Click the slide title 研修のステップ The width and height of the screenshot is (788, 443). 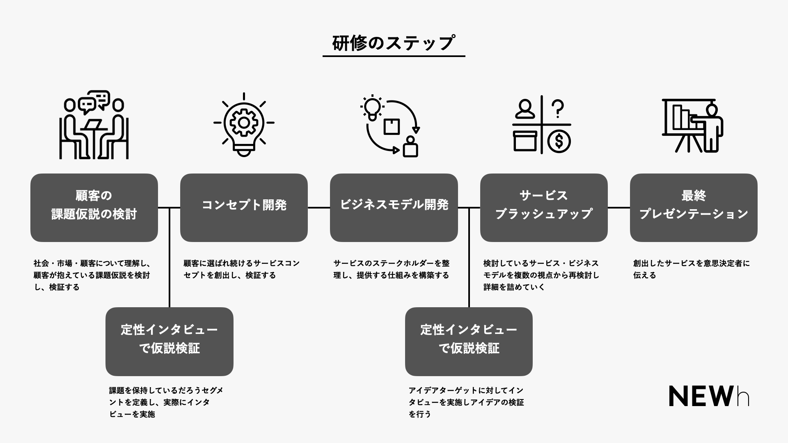coord(393,43)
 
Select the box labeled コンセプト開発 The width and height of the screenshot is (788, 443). coord(244,208)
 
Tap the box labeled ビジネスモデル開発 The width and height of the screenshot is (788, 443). coord(394,208)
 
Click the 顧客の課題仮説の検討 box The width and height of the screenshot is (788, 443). coord(94,208)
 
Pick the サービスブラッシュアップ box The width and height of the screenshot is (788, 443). coord(543,208)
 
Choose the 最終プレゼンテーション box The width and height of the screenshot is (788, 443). coord(693,208)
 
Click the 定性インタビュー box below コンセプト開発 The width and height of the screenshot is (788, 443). coord(169,341)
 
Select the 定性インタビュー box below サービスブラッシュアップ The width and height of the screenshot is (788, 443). coord(469,341)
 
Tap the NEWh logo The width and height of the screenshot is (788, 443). coord(709,396)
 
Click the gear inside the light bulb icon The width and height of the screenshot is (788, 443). coord(243,122)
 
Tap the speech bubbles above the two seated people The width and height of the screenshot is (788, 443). coord(94,102)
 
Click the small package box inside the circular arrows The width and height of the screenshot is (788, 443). coord(392,126)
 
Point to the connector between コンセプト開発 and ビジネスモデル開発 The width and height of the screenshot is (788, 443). coord(318,208)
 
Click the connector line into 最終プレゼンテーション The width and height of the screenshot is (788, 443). coord(618,208)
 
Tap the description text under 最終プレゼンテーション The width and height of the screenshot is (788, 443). coord(691,269)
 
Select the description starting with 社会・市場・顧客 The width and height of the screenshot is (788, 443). coord(92,275)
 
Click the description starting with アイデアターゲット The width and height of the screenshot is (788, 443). coord(466,402)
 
